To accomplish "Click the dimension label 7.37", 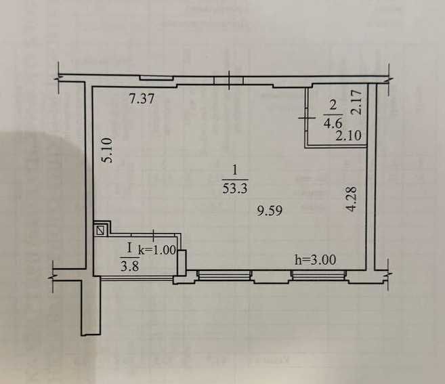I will click(x=143, y=99).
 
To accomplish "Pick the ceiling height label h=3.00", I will click(x=315, y=258).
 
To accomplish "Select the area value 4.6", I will click(x=333, y=123).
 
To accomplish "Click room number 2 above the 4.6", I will click(x=333, y=106).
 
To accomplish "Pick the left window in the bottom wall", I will click(x=224, y=274).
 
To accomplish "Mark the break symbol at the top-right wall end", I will click(x=389, y=75).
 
